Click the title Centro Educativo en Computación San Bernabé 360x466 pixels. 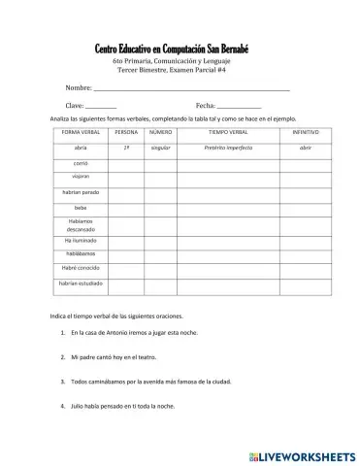point(172,49)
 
